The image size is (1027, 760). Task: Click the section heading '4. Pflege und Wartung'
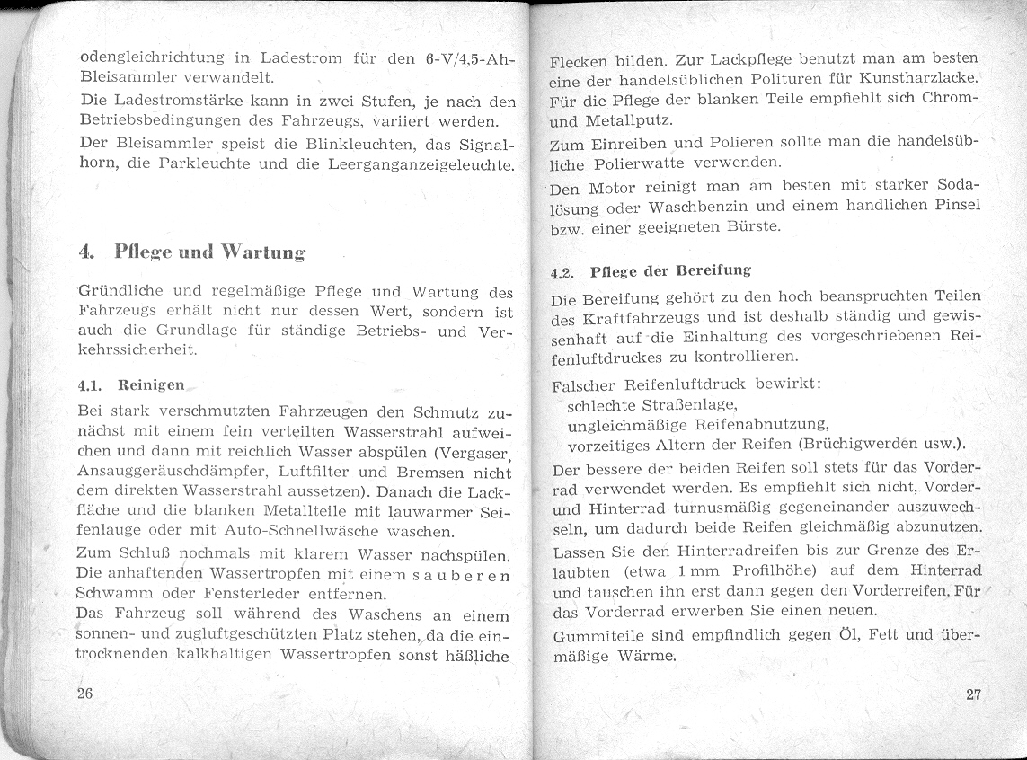[191, 252]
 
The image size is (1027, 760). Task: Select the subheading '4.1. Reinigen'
[131, 385]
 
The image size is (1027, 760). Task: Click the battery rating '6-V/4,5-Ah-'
[466, 62]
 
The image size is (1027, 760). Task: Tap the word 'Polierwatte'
[652, 164]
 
